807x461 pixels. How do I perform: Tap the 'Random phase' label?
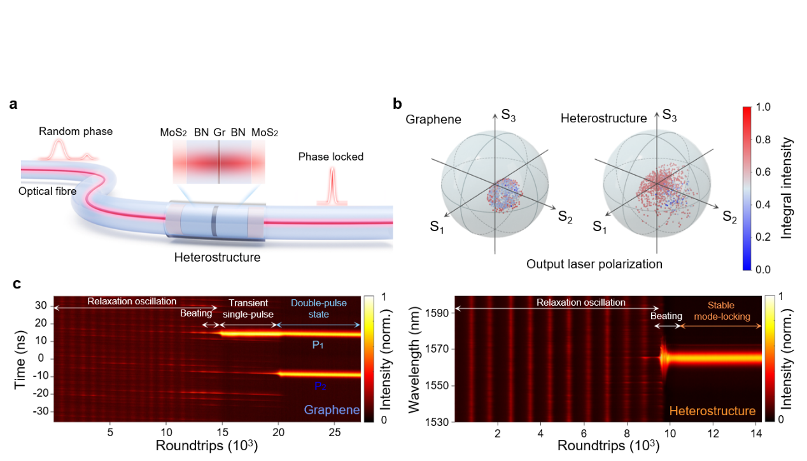tap(75, 132)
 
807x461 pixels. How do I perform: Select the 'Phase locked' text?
tap(331, 157)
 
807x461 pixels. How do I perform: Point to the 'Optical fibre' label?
tap(48, 190)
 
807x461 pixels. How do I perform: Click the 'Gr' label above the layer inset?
tap(219, 132)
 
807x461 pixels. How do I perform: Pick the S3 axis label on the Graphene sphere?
tap(509, 116)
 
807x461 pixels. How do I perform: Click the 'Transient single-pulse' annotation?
tap(249, 309)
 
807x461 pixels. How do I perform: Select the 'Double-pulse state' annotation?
tap(319, 309)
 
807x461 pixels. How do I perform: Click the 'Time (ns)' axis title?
tap(20, 358)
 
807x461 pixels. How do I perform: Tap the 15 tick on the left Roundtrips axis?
tap(221, 431)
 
